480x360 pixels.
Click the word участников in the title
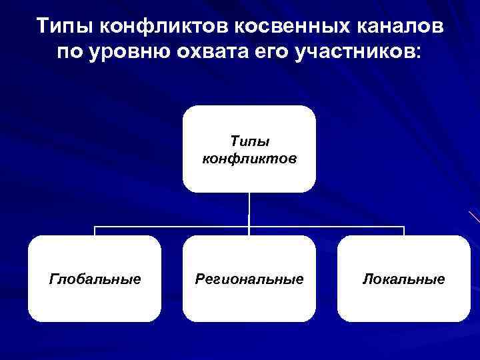349,52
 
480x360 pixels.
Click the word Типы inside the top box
249,141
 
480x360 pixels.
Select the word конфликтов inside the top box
249,159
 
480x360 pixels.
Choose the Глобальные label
95,279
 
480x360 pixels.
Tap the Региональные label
249,279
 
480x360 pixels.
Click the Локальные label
403,279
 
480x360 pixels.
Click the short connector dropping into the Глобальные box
95,231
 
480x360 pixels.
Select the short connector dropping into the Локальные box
404,231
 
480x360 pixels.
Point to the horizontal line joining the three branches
173,227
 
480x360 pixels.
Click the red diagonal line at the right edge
474,216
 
